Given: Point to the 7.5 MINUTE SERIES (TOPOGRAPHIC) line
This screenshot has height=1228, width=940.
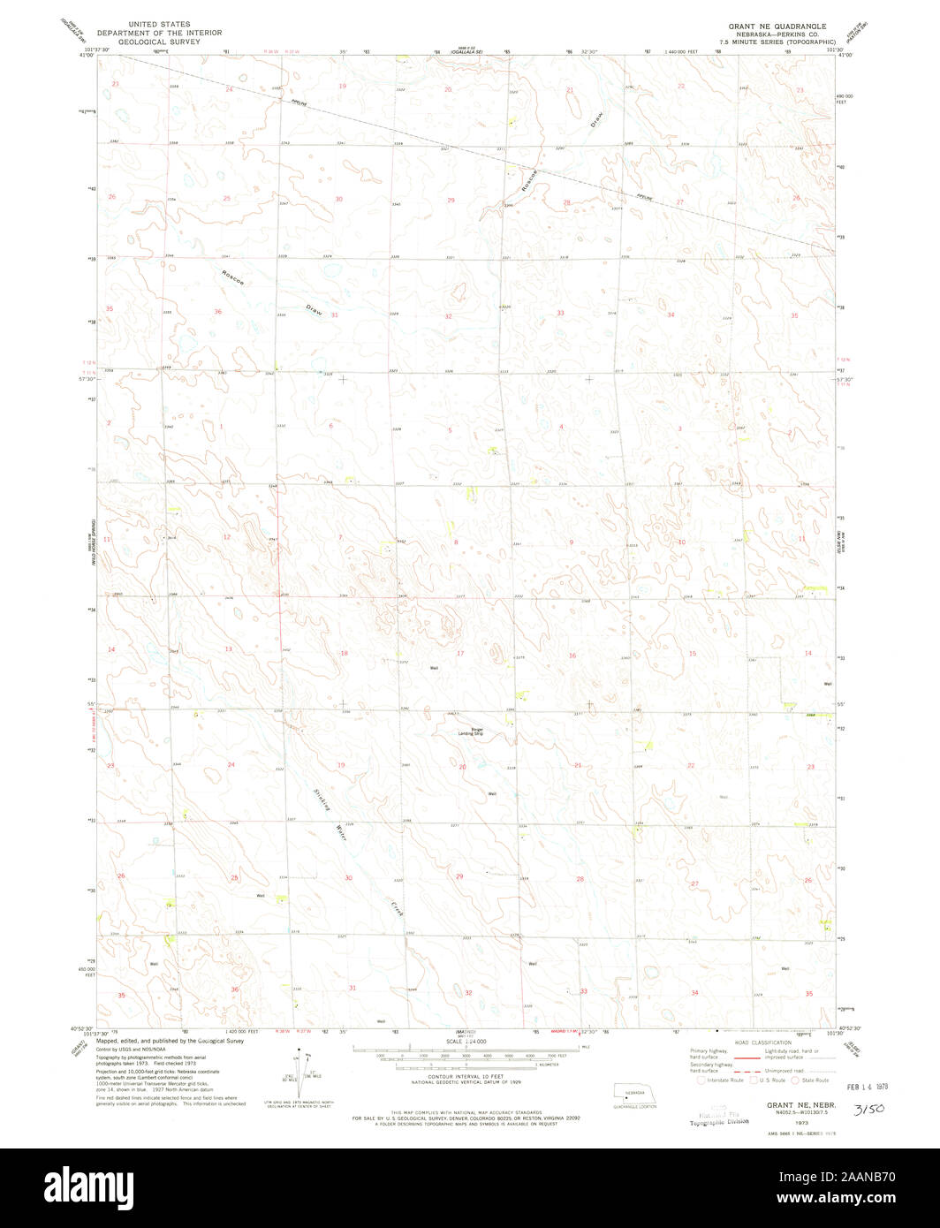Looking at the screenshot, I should [x=777, y=42].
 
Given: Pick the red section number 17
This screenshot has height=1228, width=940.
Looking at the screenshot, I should [x=460, y=654].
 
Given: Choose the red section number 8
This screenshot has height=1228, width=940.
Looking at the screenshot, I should [x=456, y=542].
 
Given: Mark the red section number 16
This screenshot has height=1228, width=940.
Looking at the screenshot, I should [x=572, y=655].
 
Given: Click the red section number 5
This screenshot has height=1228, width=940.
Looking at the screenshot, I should [x=450, y=430].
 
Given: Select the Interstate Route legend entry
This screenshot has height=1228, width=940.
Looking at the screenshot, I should [x=721, y=1080].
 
